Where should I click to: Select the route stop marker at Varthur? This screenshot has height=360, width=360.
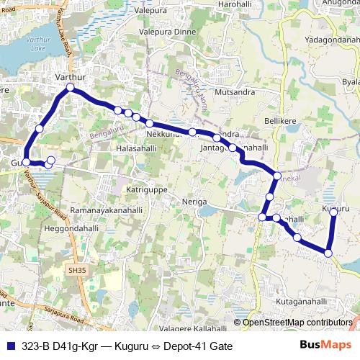click(70, 88)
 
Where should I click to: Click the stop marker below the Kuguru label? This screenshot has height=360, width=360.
click(333, 212)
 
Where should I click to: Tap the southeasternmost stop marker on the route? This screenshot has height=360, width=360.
click(328, 253)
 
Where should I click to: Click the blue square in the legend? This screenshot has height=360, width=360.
click(10, 346)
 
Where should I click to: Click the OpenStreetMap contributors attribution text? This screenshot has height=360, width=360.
click(297, 323)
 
